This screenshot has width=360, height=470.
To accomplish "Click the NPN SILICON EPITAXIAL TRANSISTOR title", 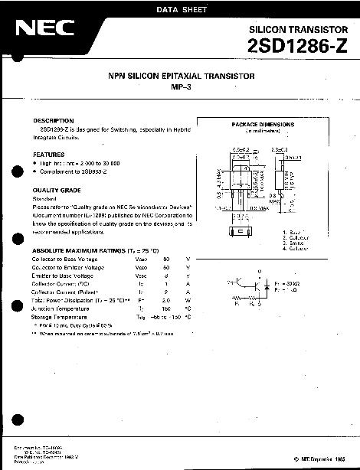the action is (181, 77).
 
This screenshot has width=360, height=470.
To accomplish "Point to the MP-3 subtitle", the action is (181, 86).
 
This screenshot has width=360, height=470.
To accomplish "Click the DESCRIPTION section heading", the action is (53, 121).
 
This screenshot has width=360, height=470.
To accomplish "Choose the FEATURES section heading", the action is (48, 154).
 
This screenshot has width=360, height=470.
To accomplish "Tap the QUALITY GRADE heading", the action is (56, 189).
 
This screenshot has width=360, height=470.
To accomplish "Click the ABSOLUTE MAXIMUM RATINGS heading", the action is (95, 251).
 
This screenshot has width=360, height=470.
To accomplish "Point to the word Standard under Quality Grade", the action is (44, 198).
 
